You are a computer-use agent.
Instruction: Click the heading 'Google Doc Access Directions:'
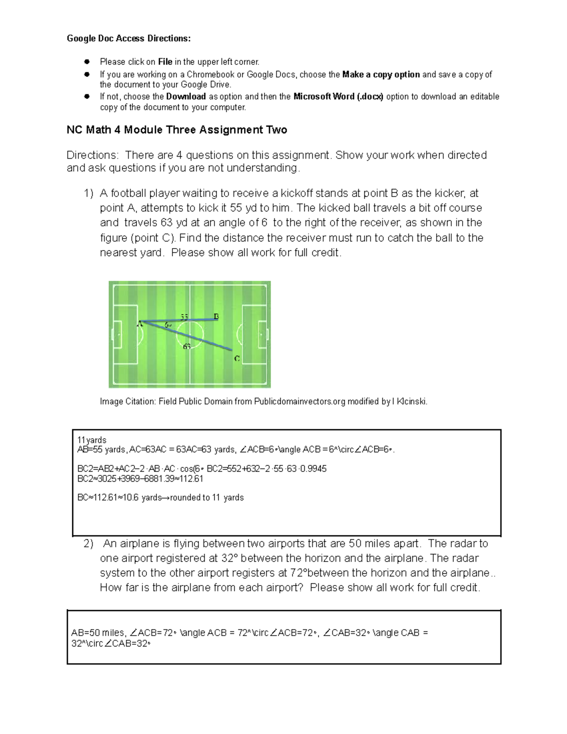129,39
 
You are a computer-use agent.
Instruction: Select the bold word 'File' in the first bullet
165,62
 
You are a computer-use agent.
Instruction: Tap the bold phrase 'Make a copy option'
381,74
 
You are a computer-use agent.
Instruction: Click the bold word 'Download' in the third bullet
186,96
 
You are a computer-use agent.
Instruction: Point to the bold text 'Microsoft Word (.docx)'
338,96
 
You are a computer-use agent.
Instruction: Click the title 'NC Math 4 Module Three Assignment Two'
177,130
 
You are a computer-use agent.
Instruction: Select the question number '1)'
88,193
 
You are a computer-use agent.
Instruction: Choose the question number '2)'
88,544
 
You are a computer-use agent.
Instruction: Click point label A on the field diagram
139,324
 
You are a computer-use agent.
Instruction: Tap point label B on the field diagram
216,316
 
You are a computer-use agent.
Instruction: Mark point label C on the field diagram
237,359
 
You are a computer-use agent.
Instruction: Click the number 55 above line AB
184,317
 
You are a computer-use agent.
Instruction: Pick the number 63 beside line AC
187,346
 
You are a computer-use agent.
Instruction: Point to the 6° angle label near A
168,325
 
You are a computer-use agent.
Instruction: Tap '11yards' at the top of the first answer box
92,440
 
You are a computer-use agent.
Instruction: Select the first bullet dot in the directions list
87,62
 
